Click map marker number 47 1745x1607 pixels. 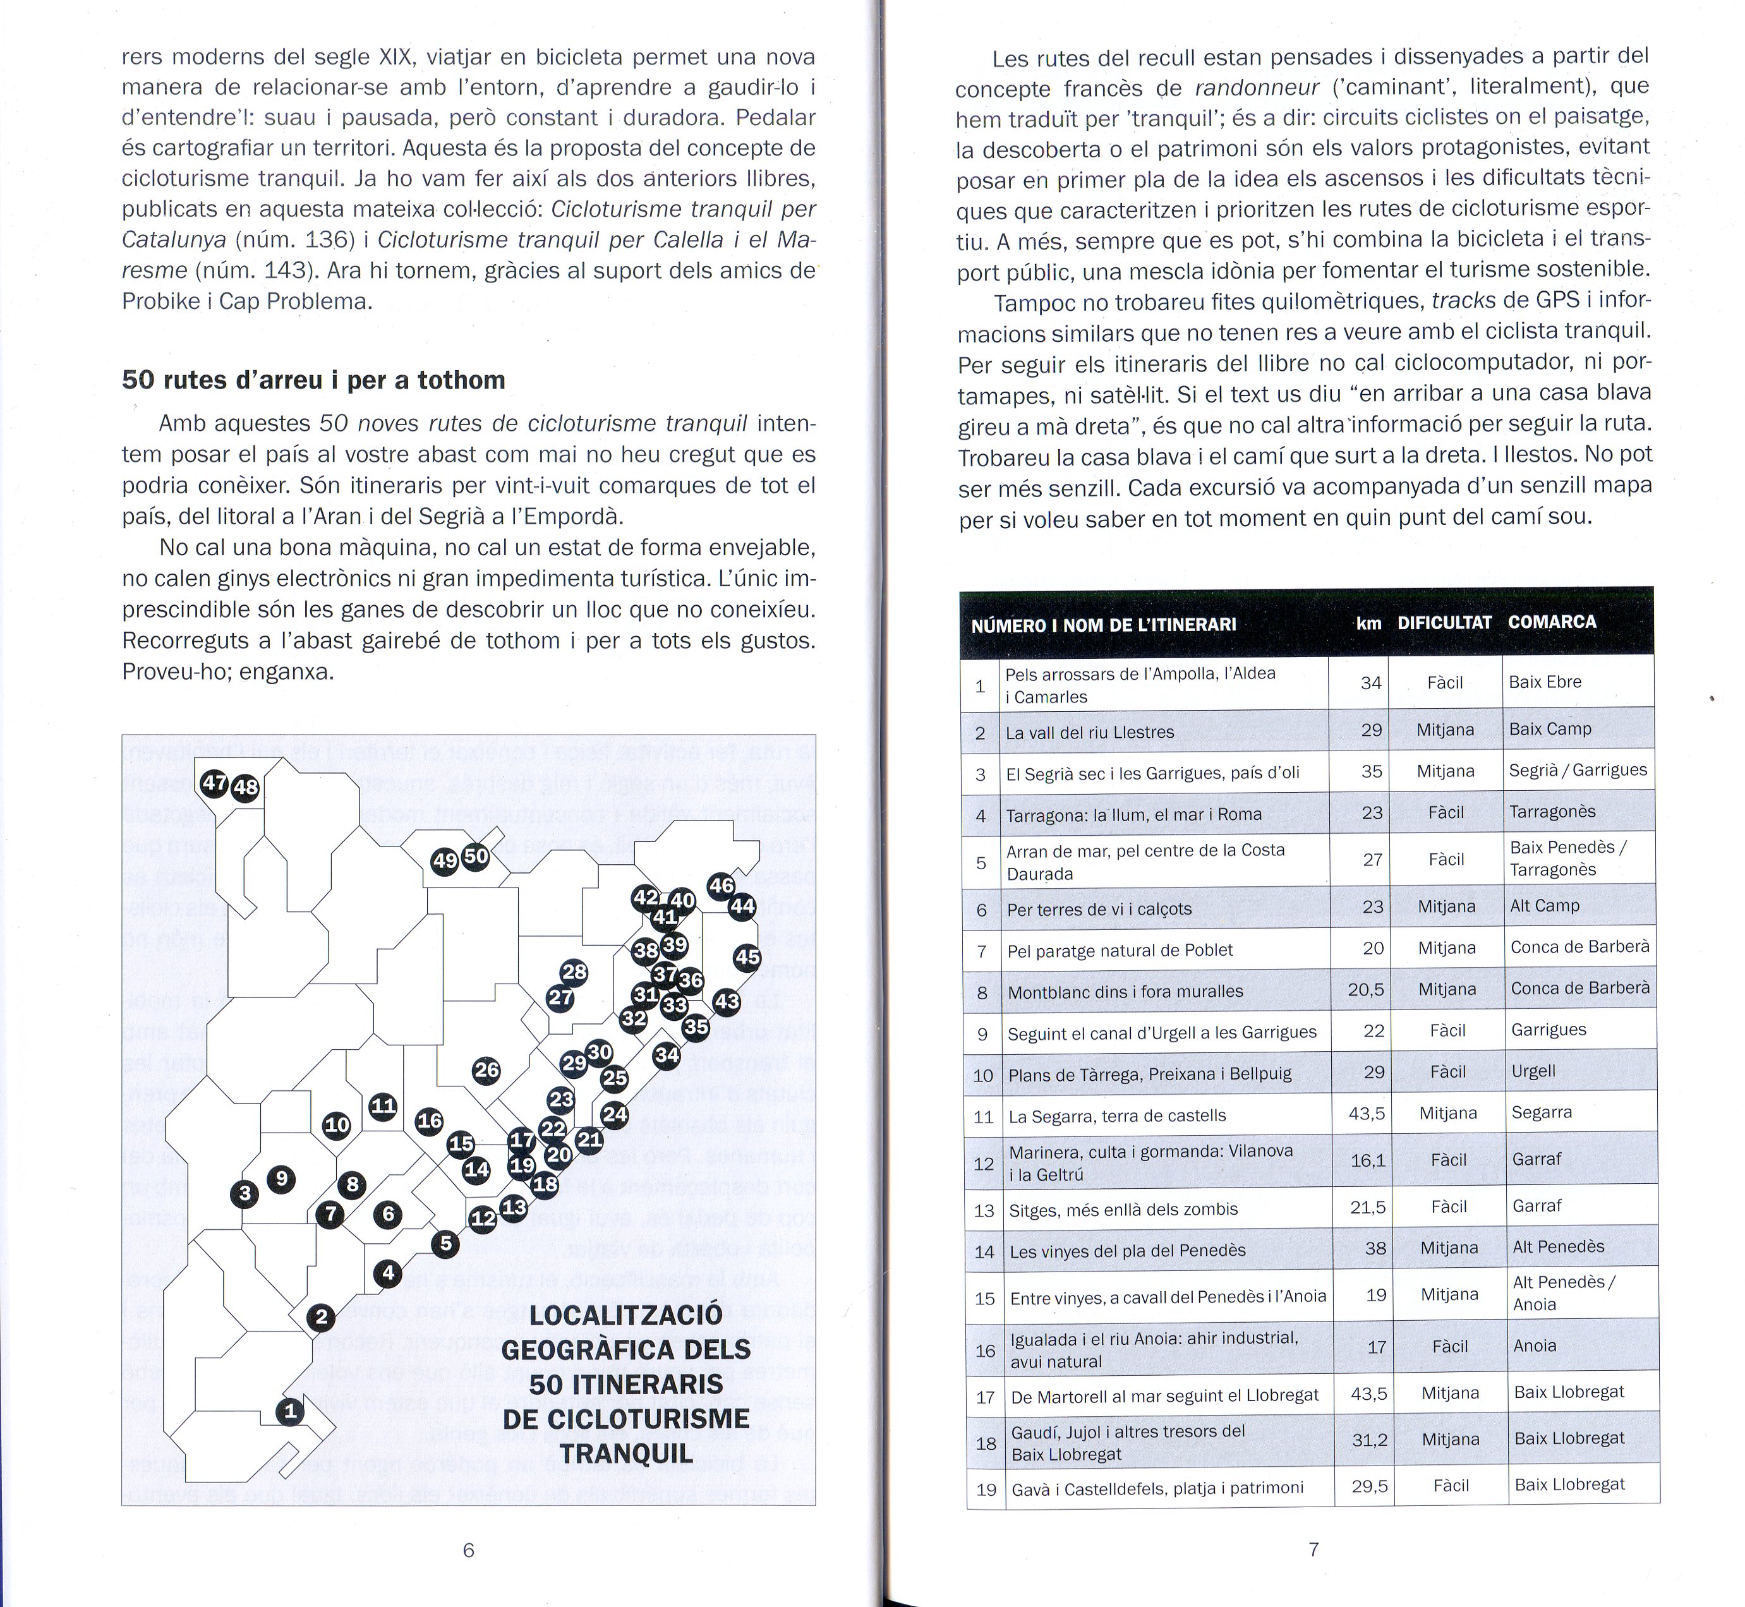tap(214, 783)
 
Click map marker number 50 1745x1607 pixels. tap(476, 856)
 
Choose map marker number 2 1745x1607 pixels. tap(321, 1318)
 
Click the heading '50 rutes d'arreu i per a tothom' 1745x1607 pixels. tap(313, 380)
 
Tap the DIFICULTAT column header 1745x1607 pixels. tap(1444, 623)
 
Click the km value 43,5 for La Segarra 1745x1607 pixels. tap(1367, 1113)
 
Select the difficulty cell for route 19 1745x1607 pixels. tap(1451, 1485)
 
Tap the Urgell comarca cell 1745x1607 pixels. tap(1533, 1071)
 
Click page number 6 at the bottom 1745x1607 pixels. tap(468, 1549)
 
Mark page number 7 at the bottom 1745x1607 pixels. tap(1313, 1548)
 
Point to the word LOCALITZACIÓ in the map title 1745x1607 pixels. tap(625, 1314)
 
